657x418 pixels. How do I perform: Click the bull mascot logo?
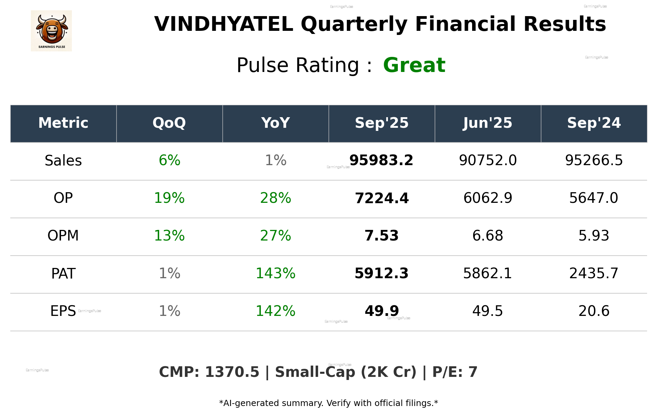coord(51,30)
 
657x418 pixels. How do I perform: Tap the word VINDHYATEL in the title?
coord(224,24)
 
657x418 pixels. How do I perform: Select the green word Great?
coord(414,65)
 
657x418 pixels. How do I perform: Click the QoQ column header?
coord(169,123)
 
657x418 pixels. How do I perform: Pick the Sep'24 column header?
coord(594,123)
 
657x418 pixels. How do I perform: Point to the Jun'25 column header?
coord(488,123)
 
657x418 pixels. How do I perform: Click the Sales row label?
coord(63,161)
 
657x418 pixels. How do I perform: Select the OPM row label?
coord(63,236)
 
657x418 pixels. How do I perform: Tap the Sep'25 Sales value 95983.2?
coord(381,160)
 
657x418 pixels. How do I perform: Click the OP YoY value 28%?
coord(276,198)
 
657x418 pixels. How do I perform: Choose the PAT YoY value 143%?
coord(276,273)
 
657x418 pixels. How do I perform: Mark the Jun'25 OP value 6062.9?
coord(488,198)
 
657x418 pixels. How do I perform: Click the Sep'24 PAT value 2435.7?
coord(594,273)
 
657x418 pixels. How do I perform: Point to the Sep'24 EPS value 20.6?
coord(594,311)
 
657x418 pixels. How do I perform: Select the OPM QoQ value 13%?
coord(169,236)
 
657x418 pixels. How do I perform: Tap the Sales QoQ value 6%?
coord(169,160)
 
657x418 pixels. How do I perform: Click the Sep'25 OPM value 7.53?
coord(381,236)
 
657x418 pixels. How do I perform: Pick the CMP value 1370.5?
coord(232,372)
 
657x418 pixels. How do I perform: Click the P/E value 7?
coord(473,372)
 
